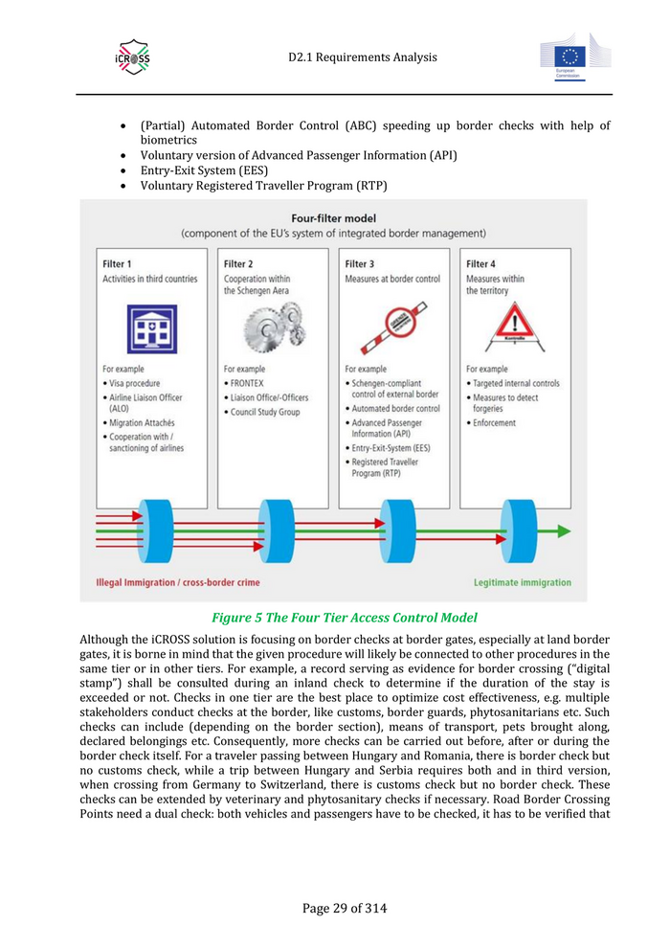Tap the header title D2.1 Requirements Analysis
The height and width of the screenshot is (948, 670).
(362, 57)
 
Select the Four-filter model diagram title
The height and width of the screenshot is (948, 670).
(333, 217)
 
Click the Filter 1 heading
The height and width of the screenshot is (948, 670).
(117, 263)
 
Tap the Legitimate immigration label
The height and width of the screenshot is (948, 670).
(523, 582)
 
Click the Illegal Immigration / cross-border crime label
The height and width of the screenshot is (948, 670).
(178, 582)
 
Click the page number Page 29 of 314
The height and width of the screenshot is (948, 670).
(345, 908)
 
